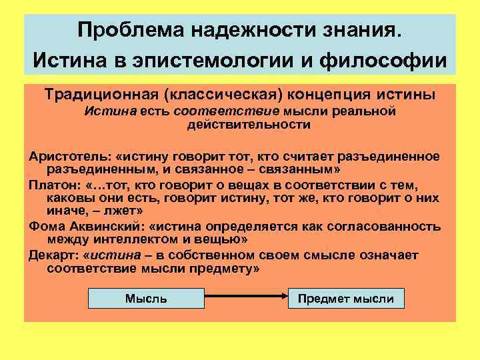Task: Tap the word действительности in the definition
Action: (239, 125)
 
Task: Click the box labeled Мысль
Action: (146, 299)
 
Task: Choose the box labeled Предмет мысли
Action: (346, 299)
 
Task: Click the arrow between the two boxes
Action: (246, 299)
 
